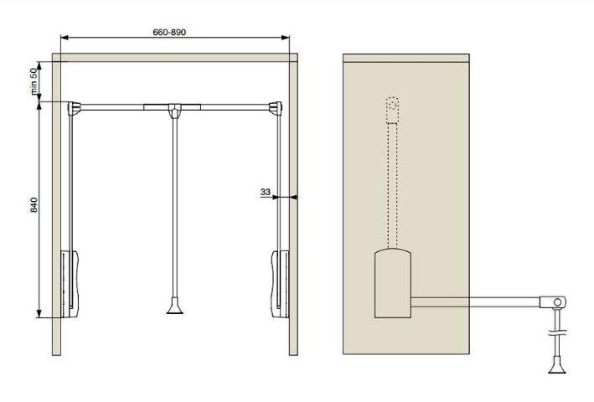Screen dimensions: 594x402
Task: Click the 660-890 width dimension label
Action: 169,32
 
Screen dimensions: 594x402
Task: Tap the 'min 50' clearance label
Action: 34,81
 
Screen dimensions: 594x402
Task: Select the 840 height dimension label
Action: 34,205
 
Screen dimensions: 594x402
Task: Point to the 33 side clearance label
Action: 266,192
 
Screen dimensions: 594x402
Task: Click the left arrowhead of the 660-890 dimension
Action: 65,38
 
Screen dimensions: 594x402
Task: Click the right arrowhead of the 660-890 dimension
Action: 286,38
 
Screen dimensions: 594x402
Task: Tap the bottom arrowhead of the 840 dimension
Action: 39,314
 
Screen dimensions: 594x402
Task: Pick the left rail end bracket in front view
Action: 74,108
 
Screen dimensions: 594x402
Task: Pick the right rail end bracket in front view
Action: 276,108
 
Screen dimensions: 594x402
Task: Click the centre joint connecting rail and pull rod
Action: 174,111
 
